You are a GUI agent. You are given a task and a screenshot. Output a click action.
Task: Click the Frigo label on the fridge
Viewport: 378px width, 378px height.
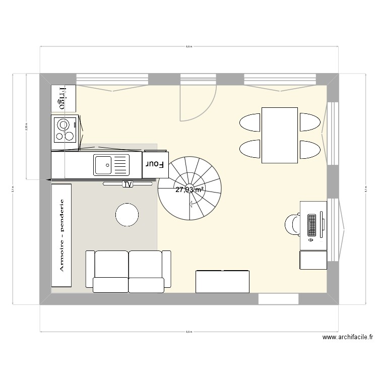point(62,98)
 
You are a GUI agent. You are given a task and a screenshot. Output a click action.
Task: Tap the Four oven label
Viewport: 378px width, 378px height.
point(155,164)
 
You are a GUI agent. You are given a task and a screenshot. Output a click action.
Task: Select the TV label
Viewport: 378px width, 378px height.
point(128,184)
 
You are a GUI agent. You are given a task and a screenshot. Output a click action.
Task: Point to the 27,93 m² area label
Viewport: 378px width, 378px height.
point(190,190)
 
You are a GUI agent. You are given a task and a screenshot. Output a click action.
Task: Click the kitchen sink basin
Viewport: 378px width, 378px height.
point(103,165)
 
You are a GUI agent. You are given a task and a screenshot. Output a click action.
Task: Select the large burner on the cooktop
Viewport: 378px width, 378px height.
point(64,124)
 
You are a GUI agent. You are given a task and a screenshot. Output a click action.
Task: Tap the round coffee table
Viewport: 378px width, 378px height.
point(127,215)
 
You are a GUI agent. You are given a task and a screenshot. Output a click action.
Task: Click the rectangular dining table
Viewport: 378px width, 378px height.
point(279,135)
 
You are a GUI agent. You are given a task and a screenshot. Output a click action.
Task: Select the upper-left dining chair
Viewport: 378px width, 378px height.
point(249,122)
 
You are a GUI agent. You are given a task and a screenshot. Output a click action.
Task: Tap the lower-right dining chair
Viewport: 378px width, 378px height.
point(309,149)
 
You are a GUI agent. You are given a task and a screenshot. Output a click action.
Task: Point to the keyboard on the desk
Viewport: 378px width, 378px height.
point(311,225)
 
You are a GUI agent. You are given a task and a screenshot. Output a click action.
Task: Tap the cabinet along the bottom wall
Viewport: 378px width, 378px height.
point(222,281)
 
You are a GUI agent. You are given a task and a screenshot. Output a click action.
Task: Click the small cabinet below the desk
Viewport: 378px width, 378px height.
point(313,260)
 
